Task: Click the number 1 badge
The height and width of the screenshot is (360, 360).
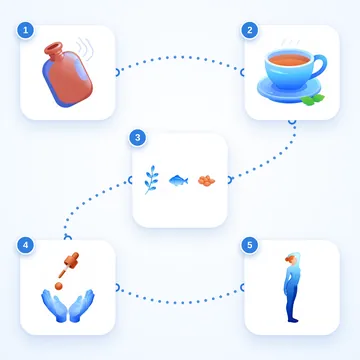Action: click(x=25, y=31)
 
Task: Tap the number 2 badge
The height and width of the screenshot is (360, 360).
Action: click(x=249, y=31)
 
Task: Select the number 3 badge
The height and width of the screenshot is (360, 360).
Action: click(x=137, y=138)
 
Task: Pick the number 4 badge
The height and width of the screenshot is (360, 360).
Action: click(x=25, y=246)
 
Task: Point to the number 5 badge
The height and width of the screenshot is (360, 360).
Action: click(x=249, y=246)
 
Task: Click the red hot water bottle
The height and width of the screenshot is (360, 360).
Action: click(x=67, y=75)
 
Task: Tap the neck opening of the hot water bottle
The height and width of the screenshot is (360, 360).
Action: click(x=54, y=48)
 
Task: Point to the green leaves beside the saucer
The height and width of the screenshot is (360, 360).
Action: click(x=312, y=99)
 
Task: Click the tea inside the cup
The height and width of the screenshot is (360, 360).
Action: click(x=289, y=60)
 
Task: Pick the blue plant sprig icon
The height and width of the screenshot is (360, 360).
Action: click(x=151, y=180)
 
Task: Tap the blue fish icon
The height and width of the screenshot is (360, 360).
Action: click(x=178, y=180)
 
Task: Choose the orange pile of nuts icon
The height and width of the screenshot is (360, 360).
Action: click(x=206, y=181)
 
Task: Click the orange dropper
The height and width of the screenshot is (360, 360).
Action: click(x=69, y=265)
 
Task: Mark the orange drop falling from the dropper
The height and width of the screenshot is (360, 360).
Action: click(x=59, y=286)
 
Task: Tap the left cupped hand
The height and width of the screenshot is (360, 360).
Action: click(x=54, y=305)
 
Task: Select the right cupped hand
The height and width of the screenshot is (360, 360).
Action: click(x=82, y=305)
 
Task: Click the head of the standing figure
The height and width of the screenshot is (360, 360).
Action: click(x=291, y=258)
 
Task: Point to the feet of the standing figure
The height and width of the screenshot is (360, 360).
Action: click(x=293, y=320)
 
